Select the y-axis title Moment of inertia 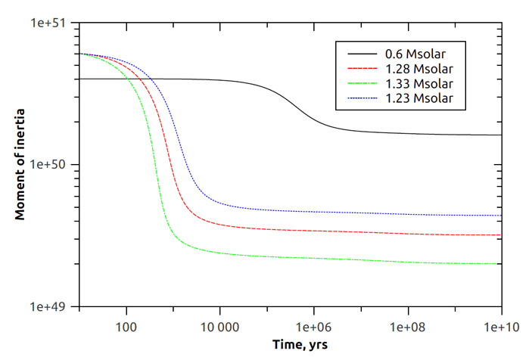(20, 164)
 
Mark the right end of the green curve (502, 264)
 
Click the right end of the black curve (502, 135)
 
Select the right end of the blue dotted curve (502, 216)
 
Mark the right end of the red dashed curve (502, 235)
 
